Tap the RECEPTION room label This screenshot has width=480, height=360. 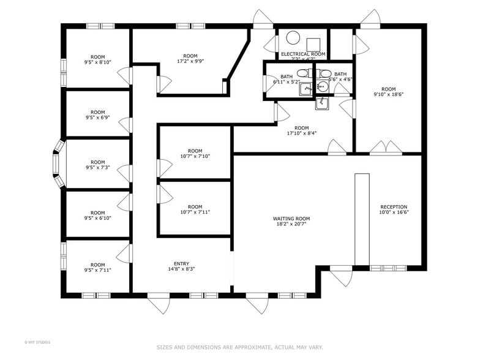tap(394, 207)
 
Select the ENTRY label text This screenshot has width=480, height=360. tap(181, 264)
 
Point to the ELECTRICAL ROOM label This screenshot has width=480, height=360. tap(303, 54)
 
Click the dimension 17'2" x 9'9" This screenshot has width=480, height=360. tap(190, 61)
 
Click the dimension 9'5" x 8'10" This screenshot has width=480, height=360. tap(98, 62)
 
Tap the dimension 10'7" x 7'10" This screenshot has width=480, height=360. tap(195, 156)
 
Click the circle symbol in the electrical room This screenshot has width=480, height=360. tap(293, 39)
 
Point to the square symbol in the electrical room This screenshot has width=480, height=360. tap(314, 43)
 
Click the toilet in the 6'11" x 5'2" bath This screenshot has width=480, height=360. tap(304, 73)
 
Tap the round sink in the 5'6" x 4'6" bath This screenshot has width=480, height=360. tap(322, 86)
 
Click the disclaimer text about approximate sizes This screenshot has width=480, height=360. tap(239, 347)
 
